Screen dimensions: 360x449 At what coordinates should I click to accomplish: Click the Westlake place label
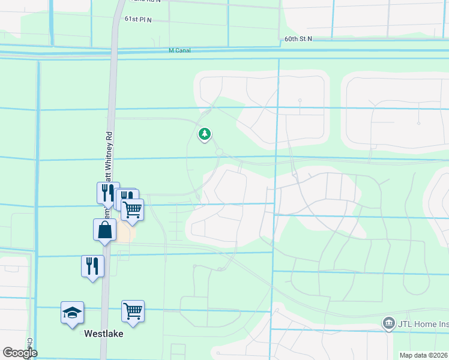(x=103, y=333)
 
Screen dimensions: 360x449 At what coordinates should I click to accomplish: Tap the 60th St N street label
(x=298, y=38)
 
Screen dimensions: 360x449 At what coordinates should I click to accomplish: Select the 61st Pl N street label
(x=138, y=20)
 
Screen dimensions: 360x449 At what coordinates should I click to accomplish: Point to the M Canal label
(x=179, y=50)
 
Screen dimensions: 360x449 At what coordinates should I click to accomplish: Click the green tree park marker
(x=205, y=133)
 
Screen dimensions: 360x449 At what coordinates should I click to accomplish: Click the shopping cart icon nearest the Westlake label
(x=133, y=311)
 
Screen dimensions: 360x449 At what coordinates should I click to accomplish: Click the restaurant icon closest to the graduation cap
(x=92, y=266)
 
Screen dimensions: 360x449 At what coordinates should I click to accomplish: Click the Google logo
(x=20, y=353)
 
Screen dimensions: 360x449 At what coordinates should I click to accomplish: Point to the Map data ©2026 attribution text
(x=424, y=355)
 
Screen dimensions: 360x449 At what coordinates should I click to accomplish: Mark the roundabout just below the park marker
(x=220, y=152)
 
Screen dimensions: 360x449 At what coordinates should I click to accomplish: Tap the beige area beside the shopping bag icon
(x=126, y=233)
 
